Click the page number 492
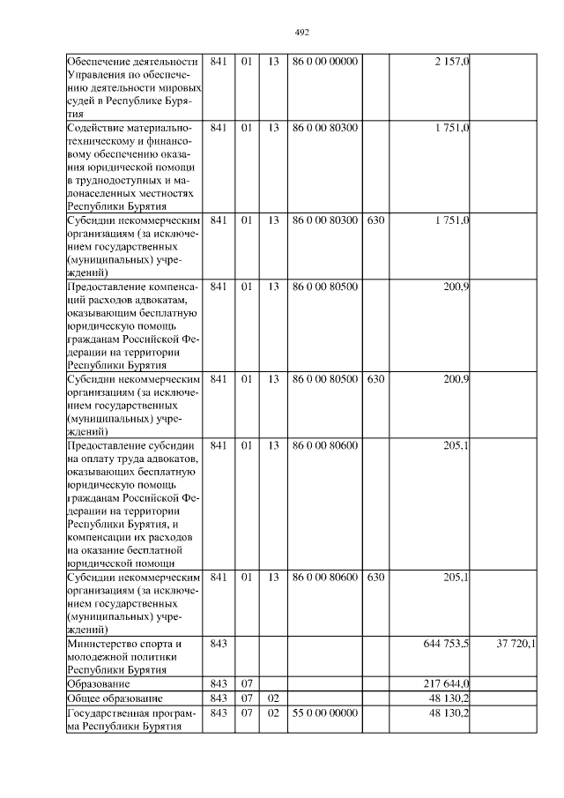tap(301, 33)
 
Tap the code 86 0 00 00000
tap(325, 62)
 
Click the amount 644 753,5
tap(446, 645)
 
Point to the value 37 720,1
tap(516, 645)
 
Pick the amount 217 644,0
tap(446, 683)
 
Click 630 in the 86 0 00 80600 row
tap(375, 578)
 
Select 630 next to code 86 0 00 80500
tap(375, 379)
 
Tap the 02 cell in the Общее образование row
tap(272, 698)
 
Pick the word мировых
tap(179, 88)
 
